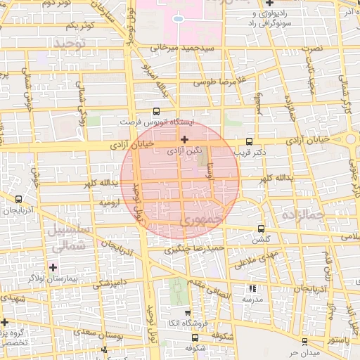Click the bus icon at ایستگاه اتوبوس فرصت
[156, 111]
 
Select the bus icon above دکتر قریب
[250, 141]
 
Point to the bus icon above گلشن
[262, 229]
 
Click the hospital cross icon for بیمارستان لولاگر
[53, 267]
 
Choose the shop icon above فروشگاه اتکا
[187, 314]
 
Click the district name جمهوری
[201, 220]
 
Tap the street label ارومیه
[110, 202]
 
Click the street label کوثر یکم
[79, 26]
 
